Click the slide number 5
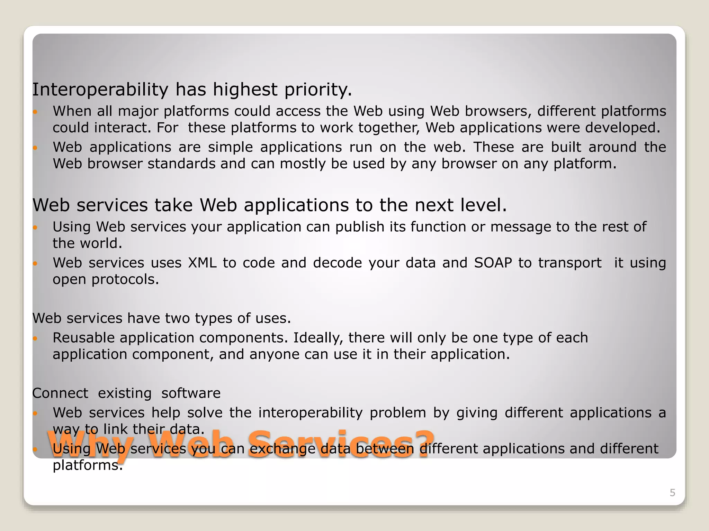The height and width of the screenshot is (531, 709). click(x=672, y=493)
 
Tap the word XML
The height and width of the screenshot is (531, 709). click(x=202, y=263)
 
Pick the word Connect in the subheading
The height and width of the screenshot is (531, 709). click(x=60, y=393)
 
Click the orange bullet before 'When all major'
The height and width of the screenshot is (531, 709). click(x=35, y=112)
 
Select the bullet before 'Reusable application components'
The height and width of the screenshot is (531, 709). click(x=35, y=338)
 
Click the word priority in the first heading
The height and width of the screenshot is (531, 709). click(x=318, y=90)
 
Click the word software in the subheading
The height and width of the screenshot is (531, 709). click(x=191, y=393)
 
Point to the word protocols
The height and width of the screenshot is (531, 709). click(x=125, y=280)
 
